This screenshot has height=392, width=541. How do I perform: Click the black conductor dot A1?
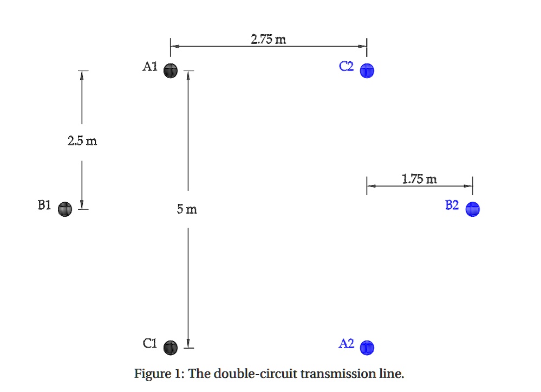[x=171, y=70]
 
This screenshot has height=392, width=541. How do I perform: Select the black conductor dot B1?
[x=65, y=209]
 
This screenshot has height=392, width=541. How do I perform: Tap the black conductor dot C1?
[x=171, y=347]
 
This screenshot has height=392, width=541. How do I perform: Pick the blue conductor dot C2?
[x=367, y=70]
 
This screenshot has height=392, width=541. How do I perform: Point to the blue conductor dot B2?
[x=472, y=209]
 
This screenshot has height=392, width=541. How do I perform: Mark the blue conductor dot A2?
[x=367, y=347]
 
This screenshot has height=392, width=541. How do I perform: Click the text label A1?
[x=150, y=67]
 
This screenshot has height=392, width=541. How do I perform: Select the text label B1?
[x=44, y=205]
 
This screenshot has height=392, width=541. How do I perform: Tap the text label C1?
[x=150, y=343]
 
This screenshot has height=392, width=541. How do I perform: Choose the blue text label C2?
[x=347, y=67]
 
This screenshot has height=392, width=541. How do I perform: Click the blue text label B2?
[x=452, y=205]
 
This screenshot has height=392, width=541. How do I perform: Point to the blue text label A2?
[x=347, y=343]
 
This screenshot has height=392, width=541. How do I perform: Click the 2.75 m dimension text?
[x=269, y=39]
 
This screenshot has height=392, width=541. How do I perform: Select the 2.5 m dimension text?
[x=82, y=142]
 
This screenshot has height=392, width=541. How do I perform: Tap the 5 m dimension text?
[x=187, y=209]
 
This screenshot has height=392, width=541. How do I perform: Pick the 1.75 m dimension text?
[x=420, y=178]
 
